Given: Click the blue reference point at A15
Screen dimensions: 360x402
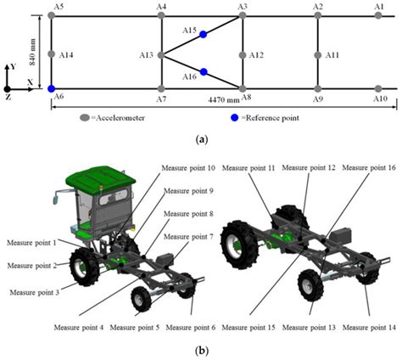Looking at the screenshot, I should coord(204,35).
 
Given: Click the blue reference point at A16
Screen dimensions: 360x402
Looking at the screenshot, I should coord(204,72).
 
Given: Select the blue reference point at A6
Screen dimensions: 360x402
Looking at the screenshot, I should coord(52,88).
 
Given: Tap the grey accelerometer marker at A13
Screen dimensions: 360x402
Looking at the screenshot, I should coord(162,54).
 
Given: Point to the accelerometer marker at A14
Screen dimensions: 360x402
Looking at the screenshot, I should coord(52,54).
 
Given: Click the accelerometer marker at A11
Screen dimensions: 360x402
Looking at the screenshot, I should coord(318,54).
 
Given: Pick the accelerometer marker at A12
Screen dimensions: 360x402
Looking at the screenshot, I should coord(244,54).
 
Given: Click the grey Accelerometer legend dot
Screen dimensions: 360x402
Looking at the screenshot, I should coord(84,117).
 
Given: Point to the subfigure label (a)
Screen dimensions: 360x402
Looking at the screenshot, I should coord(200,138).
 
